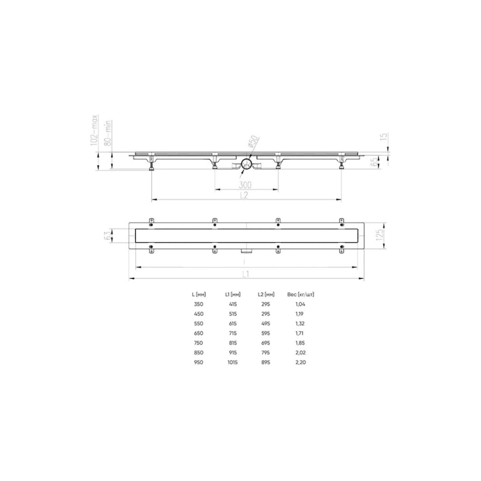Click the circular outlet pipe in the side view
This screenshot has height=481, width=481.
[x=246, y=164]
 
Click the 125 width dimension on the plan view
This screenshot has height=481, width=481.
[x=379, y=234]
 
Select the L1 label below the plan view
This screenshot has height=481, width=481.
[x=246, y=274]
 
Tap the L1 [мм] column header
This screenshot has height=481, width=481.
[x=233, y=295]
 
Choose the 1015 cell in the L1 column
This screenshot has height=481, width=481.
[x=233, y=363]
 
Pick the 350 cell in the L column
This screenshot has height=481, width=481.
[x=198, y=305]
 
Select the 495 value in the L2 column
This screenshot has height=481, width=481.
[x=266, y=324]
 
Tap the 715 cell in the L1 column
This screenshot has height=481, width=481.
[x=233, y=334]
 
